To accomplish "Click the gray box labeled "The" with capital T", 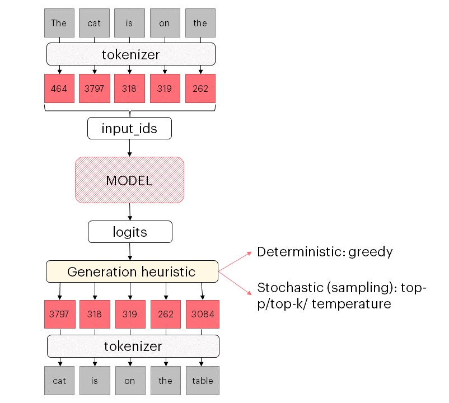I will click(x=59, y=23).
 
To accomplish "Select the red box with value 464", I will click(x=59, y=88).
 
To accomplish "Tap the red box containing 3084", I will click(x=202, y=314).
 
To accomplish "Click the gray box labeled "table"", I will click(x=202, y=381).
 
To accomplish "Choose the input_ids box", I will click(x=129, y=129).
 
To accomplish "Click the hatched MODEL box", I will click(x=129, y=180).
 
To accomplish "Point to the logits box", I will click(x=129, y=232).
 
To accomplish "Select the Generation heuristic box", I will click(x=132, y=272).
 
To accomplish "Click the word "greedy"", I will click(x=370, y=252).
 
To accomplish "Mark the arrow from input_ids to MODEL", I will click(x=129, y=148).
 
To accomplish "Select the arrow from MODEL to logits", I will click(x=130, y=212).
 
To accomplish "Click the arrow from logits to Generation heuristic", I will click(x=130, y=251).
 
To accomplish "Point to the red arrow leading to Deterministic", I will click(x=236, y=261).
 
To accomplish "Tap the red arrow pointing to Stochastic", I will click(x=235, y=283).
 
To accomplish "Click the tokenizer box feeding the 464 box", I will click(x=130, y=55).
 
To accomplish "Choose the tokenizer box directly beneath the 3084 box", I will click(x=133, y=346).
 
